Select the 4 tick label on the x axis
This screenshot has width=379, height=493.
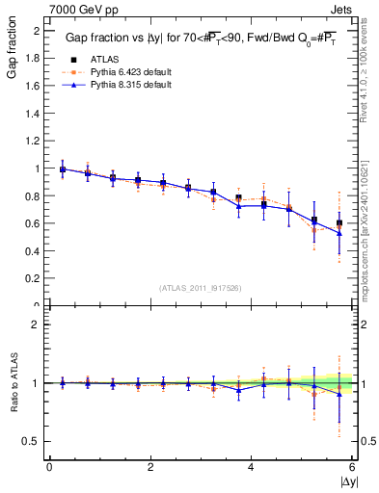point(251,469)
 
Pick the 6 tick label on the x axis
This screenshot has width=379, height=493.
point(352,469)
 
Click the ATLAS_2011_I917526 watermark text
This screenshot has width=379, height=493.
point(201,288)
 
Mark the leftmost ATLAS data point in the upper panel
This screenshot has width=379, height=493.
point(63,169)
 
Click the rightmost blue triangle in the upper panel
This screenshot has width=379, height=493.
point(339,234)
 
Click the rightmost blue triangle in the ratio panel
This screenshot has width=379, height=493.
point(339,394)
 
